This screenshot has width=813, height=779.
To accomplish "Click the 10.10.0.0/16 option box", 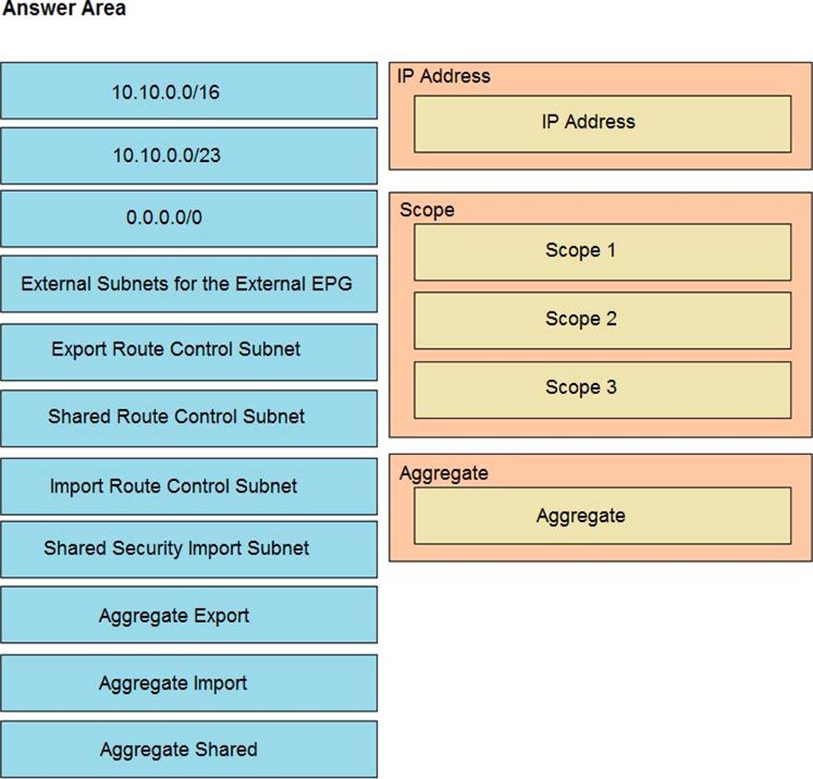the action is click(x=189, y=91).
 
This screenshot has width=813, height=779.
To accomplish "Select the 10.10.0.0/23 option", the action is click(x=189, y=155).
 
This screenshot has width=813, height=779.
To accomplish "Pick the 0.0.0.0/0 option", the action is click(x=189, y=219).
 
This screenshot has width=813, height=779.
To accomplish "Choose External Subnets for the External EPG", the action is click(x=189, y=284).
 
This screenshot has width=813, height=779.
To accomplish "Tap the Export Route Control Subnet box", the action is click(x=189, y=352).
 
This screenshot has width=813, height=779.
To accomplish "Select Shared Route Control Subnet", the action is click(x=189, y=418).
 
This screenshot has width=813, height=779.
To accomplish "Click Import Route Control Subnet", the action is click(x=189, y=487).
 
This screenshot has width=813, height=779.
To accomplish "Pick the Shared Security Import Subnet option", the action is click(x=189, y=549).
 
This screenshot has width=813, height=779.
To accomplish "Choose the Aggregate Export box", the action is click(x=189, y=615).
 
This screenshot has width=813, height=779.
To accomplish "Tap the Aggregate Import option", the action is click(x=189, y=683).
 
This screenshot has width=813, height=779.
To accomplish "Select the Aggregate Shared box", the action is click(x=189, y=750).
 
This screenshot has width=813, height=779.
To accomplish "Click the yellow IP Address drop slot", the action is click(x=603, y=124).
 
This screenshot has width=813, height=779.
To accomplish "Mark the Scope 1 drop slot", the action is click(x=603, y=253).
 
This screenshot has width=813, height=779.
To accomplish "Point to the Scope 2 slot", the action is click(x=603, y=321).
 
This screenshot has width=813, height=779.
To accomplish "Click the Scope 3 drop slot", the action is click(x=603, y=390).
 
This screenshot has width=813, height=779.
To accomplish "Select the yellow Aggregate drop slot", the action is click(x=603, y=515).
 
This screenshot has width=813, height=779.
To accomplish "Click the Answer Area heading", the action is click(x=64, y=8).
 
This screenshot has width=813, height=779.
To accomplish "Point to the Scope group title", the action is click(x=427, y=210).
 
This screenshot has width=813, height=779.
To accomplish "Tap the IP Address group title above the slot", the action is click(x=444, y=76).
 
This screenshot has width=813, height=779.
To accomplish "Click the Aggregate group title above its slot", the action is click(x=444, y=473).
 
